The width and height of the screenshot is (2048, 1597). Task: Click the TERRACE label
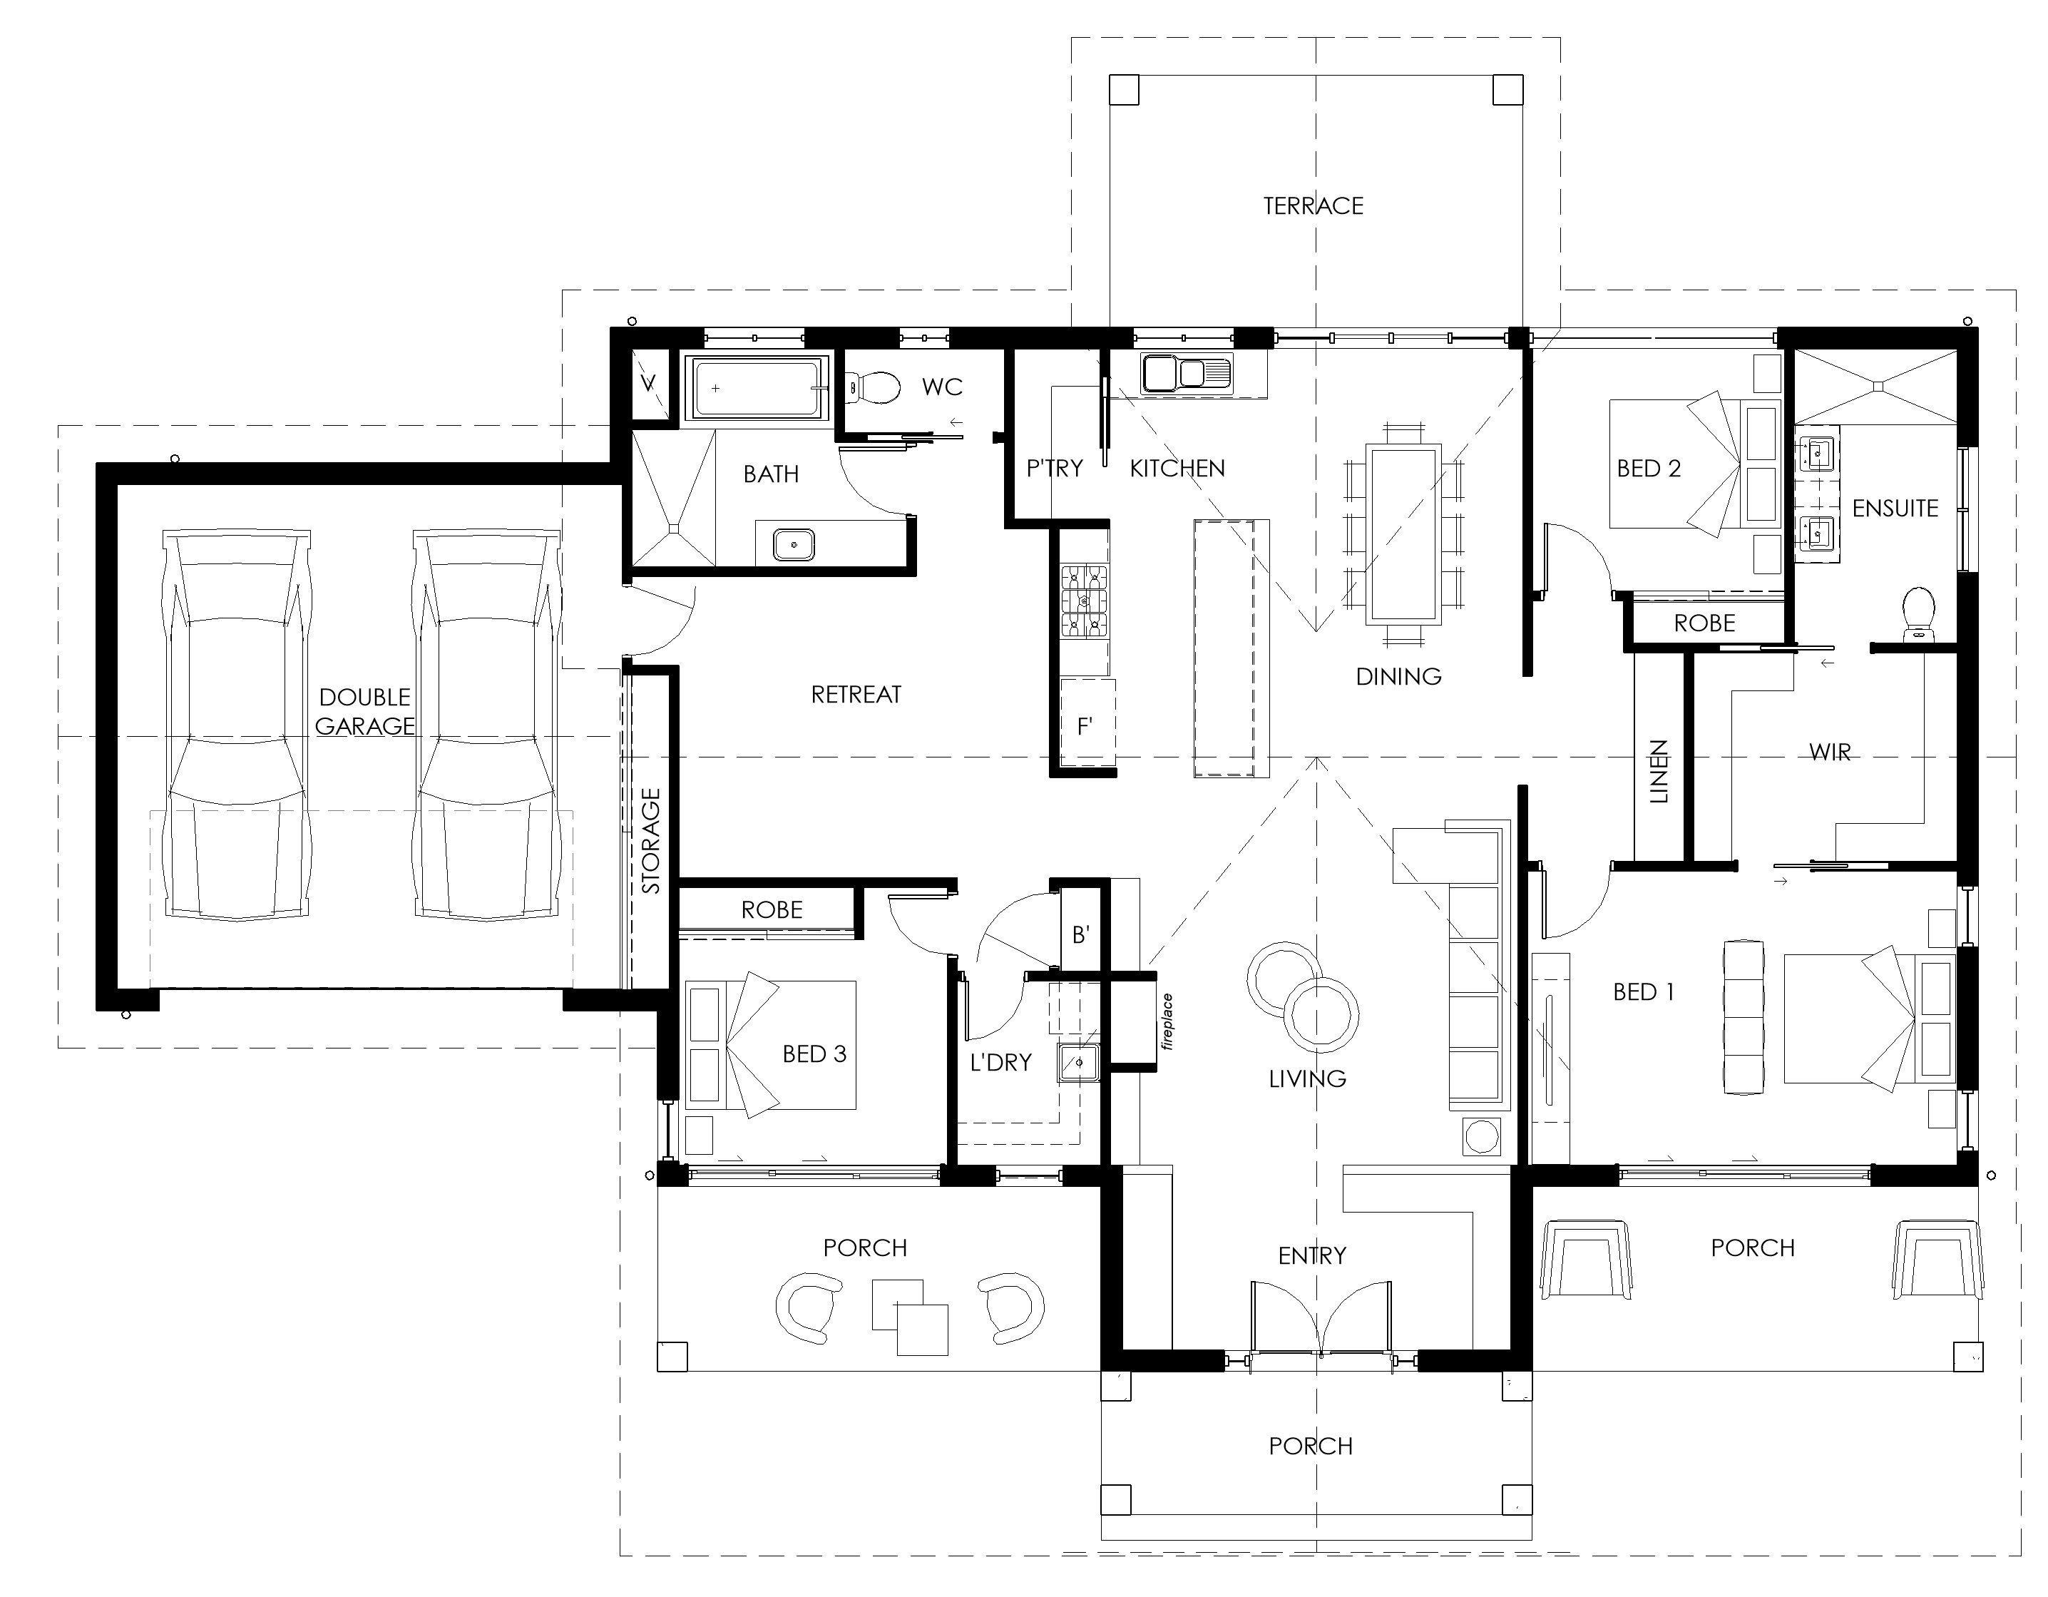(x=1313, y=206)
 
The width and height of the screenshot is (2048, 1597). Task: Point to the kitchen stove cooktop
(x=1084, y=601)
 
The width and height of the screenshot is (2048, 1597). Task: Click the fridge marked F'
(x=1087, y=723)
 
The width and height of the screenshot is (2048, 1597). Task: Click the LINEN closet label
(x=1659, y=772)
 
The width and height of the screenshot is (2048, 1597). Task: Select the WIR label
(x=1830, y=752)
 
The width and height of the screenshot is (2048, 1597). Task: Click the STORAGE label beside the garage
(x=651, y=840)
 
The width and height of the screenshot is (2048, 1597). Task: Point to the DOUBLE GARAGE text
(x=365, y=712)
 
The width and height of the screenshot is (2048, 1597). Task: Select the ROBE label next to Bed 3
(x=772, y=909)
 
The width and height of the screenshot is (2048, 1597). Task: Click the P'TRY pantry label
(x=1054, y=468)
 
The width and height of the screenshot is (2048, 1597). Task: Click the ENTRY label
(x=1312, y=1255)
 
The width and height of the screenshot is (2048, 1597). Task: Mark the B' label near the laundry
(x=1080, y=935)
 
